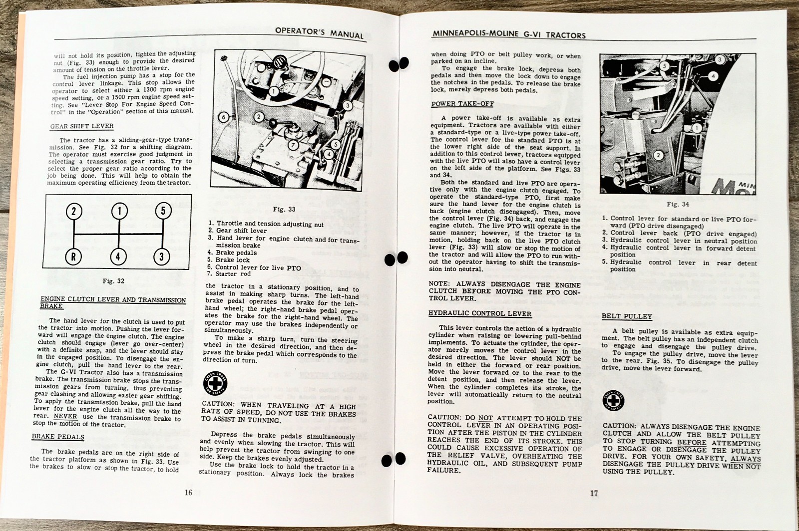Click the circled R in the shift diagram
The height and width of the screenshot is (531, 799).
pos(74,257)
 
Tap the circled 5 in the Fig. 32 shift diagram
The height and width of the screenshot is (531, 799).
pos(162,211)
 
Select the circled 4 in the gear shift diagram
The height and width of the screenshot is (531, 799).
pos(118,257)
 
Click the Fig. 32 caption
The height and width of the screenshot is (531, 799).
pos(113,281)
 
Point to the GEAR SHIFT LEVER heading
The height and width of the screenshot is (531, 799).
pos(82,126)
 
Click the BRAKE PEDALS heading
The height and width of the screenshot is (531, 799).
pos(58,437)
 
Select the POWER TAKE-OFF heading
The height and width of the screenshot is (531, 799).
pos(462,104)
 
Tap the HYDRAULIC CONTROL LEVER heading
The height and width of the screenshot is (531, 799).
pos(480,314)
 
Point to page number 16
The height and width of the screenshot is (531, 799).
pos(188,493)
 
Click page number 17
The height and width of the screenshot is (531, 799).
pos(593,494)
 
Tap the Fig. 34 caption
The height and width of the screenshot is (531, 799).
pos(678,204)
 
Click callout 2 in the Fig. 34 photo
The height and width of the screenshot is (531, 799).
pos(658,155)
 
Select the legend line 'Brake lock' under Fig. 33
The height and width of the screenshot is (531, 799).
pos(232,260)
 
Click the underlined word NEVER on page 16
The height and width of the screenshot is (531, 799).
pos(65,416)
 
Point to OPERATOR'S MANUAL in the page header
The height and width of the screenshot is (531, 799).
pos(319,33)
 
